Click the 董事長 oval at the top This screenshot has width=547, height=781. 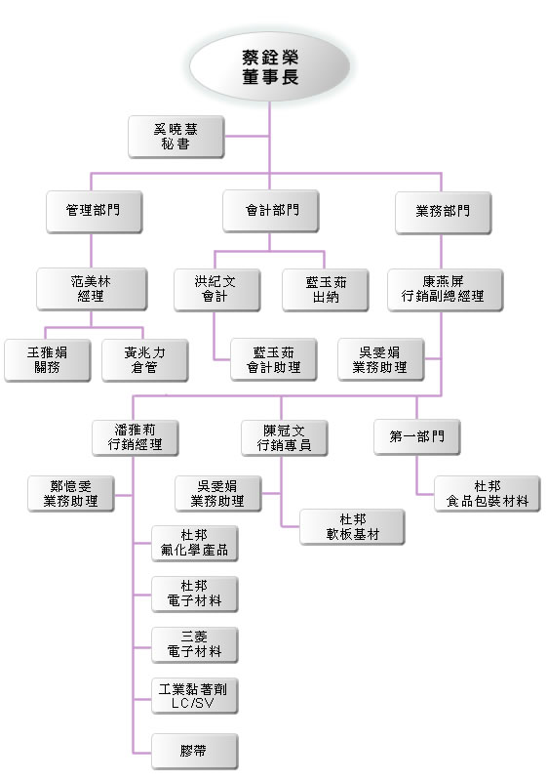pos(270,66)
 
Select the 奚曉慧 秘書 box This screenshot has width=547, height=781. pos(176,137)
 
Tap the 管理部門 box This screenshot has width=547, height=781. pos(95,212)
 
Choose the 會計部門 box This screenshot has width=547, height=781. pos(271,211)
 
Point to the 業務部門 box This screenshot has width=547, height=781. pos(444,213)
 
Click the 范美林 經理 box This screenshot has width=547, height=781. pos(92,289)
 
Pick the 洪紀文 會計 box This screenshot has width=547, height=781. pos(217,290)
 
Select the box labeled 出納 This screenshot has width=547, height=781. pos(326,290)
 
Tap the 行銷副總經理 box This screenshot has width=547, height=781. pos(446,290)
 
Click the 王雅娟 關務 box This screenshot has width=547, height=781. pos(48,360)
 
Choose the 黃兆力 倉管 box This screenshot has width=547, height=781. pos(145,360)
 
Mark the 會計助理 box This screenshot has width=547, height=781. pos(274,359)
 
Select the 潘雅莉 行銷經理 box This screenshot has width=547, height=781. pos(136,437)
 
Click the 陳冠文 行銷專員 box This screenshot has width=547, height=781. pos(285,437)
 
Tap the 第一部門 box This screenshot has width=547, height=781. pos(417,436)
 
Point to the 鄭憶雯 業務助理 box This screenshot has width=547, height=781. pos(71,494)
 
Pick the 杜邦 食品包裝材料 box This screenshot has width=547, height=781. pos(488,494)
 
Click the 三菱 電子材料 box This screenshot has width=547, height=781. pos(195,645)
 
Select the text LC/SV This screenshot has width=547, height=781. pos(193,703)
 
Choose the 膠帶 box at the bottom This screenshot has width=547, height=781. pos(195,751)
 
